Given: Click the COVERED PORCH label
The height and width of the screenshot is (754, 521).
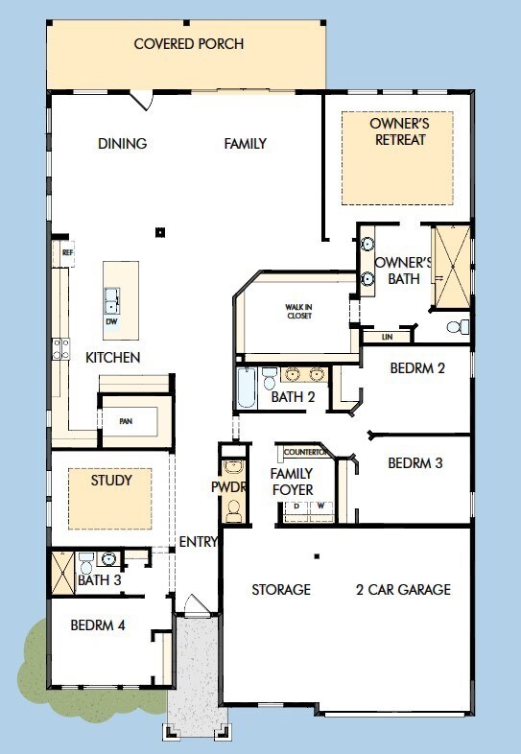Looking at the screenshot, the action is [x=189, y=44].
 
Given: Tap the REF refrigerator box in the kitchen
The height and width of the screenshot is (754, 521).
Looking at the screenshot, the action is [x=63, y=253].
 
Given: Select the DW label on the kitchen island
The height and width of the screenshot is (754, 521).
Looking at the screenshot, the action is [x=111, y=321].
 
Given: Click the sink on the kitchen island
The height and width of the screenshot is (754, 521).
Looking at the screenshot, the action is [x=111, y=301].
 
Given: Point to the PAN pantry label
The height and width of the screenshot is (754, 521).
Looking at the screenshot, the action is [x=126, y=421].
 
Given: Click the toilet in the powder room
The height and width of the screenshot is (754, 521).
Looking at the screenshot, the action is [x=234, y=511].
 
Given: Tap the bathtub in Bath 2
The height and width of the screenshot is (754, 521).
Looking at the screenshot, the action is [x=247, y=389].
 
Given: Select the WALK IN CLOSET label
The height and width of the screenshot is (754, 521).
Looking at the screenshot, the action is [x=298, y=311].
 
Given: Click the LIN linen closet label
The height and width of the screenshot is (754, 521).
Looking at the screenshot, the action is [x=388, y=337].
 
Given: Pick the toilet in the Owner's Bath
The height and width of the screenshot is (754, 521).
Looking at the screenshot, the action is [x=458, y=327].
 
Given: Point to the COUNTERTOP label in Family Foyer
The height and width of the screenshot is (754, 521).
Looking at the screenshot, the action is [x=306, y=452].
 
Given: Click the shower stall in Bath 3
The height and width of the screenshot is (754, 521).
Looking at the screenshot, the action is [x=63, y=574].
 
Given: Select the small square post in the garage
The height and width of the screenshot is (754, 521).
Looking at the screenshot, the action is [x=317, y=556].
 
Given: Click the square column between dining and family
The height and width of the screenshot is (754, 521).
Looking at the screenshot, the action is [x=160, y=233].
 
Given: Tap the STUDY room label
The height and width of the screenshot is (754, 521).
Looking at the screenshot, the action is [x=111, y=480].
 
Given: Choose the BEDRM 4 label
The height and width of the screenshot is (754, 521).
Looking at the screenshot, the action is [x=98, y=625].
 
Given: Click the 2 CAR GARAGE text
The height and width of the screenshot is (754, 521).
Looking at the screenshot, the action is [x=403, y=590].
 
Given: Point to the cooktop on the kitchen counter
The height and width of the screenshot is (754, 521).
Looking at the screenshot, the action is [x=61, y=349].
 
